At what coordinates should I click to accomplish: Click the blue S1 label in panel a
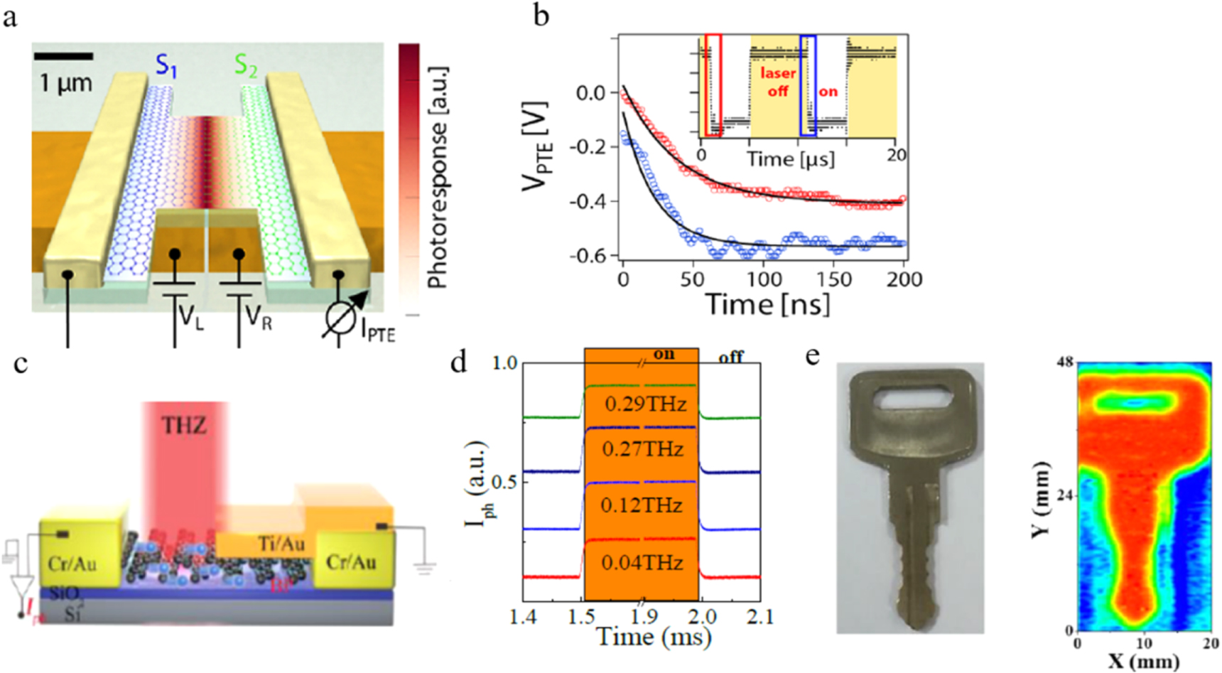(166, 67)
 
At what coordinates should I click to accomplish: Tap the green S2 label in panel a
(246, 67)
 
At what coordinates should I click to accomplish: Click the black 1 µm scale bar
(63, 55)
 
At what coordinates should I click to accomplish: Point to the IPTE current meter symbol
(340, 320)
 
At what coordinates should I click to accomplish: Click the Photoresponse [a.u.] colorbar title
(438, 178)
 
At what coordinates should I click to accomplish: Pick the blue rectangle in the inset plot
(808, 85)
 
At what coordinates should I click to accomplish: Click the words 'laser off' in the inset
(778, 82)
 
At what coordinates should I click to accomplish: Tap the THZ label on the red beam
(184, 426)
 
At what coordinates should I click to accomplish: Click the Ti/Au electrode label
(281, 544)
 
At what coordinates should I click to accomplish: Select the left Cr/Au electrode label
(72, 564)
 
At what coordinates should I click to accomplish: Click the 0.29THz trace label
(645, 404)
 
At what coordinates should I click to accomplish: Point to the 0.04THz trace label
(642, 563)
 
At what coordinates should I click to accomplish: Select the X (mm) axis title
(1144, 662)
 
